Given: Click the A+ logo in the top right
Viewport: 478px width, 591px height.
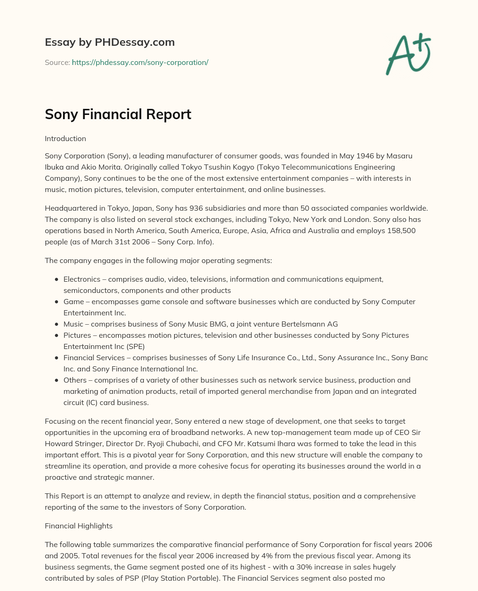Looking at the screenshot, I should pos(408,54).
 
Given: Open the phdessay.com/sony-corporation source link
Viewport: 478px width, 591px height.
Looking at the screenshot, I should pos(140,62).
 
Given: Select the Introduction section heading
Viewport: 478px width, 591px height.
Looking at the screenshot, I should pos(65,139).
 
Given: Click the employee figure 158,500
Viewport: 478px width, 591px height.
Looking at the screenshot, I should pos(400,230).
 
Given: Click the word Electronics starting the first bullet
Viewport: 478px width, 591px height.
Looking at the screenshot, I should pos(82,279).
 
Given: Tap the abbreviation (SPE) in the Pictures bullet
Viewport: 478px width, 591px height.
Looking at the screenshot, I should pos(134,346).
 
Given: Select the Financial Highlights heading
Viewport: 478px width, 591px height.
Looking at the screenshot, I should pos(78,526).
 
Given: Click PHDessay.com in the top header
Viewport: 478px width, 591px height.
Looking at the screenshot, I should pos(134,43).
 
